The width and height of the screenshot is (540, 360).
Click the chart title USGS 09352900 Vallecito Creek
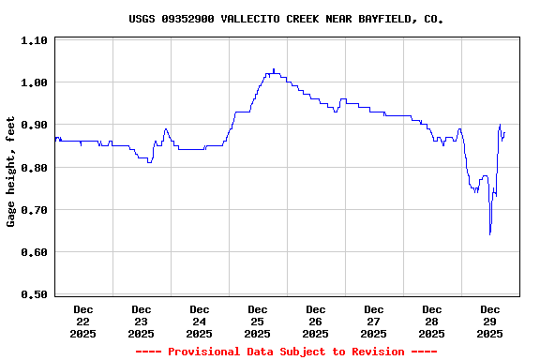coord(286,19)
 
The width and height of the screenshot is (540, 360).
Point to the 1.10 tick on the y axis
coord(34,40)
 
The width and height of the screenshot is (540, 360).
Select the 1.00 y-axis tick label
coord(34,82)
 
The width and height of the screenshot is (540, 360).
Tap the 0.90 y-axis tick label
coord(34,125)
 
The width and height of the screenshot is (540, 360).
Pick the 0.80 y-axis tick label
coord(34,168)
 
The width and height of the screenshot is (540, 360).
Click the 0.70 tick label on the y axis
coord(34,210)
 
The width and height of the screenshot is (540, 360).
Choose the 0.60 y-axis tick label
coord(34,252)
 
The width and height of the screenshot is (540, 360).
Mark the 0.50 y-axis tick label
coord(34,294)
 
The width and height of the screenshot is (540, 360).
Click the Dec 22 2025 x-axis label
coord(83,321)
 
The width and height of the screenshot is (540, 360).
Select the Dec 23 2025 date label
coord(142,321)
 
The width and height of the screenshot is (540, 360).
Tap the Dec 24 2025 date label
coord(200,321)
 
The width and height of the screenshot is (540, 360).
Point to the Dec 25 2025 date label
coord(258,321)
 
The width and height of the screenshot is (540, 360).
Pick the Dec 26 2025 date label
coord(316,321)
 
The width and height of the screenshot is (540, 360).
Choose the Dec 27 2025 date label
coord(374,321)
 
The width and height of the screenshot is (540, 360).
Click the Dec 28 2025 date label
coord(432,321)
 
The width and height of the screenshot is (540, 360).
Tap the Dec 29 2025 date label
coord(490,321)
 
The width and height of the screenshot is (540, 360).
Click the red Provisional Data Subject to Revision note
coord(286,352)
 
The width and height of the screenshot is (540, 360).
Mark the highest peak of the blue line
coord(274,69)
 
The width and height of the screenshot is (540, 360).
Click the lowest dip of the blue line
coord(489,233)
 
